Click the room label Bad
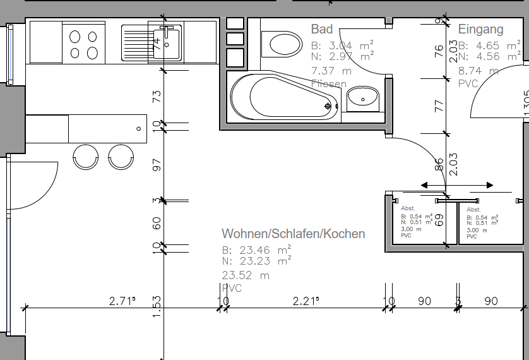click(322, 29)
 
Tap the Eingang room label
click(480, 29)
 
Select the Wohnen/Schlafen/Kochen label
click(293, 234)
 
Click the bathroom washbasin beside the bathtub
click(363, 97)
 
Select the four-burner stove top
click(84, 44)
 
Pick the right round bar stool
click(121, 156)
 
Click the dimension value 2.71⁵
click(122, 301)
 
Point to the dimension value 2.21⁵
click(306, 301)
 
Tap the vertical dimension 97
click(157, 165)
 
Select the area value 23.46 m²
click(256, 249)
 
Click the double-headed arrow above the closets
click(457, 185)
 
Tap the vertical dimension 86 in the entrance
click(439, 165)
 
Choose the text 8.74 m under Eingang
click(477, 71)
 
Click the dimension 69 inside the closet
click(440, 220)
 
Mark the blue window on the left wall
click(9, 54)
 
